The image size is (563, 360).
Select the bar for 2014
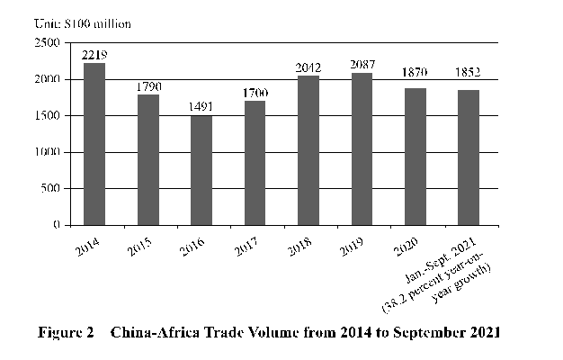pos(94,144)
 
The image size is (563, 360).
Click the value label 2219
pos(94,55)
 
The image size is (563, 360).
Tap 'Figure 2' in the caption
pos(66,332)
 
